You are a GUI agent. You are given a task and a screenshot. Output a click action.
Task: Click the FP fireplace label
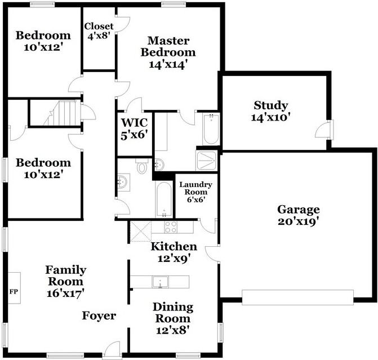point(14,292)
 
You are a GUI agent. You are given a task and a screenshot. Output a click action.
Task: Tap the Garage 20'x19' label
point(299,215)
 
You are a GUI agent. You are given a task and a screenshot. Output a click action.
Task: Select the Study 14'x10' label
point(270,111)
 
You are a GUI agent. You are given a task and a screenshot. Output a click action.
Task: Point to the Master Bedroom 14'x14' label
point(168,52)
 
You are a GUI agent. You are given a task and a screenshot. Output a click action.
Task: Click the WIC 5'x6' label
point(134,129)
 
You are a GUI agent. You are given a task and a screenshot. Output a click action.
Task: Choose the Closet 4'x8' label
point(99,31)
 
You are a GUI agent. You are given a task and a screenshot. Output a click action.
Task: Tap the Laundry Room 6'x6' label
point(195,192)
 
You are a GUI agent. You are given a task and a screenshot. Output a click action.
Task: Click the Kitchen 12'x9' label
point(174,252)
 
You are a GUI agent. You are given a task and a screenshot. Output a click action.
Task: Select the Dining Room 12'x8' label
point(173,318)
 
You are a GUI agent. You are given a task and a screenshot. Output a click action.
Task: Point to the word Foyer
point(99,315)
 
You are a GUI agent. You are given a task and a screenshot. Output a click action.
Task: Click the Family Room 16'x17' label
point(65,281)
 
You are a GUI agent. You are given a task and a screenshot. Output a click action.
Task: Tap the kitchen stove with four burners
point(171,227)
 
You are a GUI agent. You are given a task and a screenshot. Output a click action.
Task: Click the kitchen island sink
point(160,282)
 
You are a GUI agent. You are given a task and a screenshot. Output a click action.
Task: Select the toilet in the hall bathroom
point(141,166)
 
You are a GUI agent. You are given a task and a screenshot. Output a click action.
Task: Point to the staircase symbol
point(62,113)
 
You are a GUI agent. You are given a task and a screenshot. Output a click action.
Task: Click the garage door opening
point(297,297)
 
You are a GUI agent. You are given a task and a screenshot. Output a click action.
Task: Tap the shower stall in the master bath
point(206,161)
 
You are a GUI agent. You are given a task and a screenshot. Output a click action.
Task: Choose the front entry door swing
point(112,349)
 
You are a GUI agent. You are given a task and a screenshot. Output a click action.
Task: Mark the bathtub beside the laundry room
point(164,199)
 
